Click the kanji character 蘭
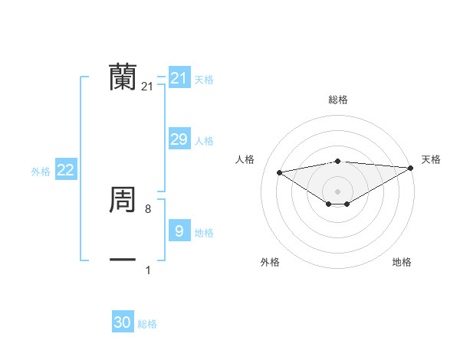pyautogui.click(x=123, y=77)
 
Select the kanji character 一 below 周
pyautogui.click(x=123, y=260)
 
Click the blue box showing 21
pyautogui.click(x=179, y=78)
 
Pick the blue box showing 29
pyautogui.click(x=179, y=139)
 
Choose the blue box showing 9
pyautogui.click(x=179, y=231)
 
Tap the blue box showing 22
pyautogui.click(x=65, y=170)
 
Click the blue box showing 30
pyautogui.click(x=123, y=322)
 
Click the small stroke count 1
pyautogui.click(x=148, y=270)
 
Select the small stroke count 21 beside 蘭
pyautogui.click(x=147, y=87)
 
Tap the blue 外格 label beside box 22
pyautogui.click(x=41, y=172)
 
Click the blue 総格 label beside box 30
pyautogui.click(x=147, y=324)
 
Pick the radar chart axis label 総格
pyautogui.click(x=337, y=100)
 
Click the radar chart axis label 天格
pyautogui.click(x=431, y=159)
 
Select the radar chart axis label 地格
pyautogui.click(x=402, y=262)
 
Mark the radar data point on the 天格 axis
pyautogui.click(x=411, y=167)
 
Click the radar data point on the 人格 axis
pyautogui.click(x=279, y=172)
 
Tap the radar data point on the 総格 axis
pyautogui.click(x=337, y=161)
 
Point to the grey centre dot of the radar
pyautogui.click(x=337, y=191)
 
